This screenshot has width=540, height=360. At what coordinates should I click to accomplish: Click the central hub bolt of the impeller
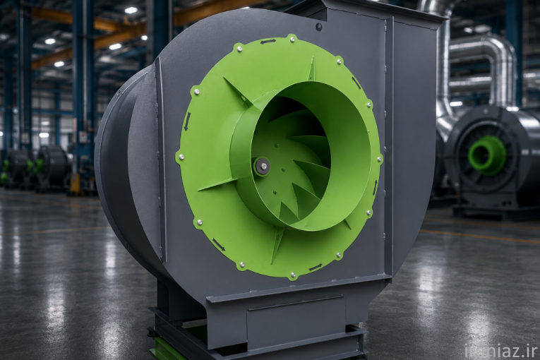coord(263,166)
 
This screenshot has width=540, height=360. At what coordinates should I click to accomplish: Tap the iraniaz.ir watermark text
coord(501,352)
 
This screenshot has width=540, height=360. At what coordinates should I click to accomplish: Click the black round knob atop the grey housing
coord(318,26)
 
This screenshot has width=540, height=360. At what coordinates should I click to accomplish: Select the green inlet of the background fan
coord(487,153)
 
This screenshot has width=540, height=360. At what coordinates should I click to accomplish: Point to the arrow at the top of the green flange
coord(268,42)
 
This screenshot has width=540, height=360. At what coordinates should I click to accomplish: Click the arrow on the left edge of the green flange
coord(186,124)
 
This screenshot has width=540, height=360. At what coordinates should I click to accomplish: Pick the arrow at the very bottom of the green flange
coord(316,267)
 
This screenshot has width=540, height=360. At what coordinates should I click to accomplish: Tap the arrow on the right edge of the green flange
coord(376,187)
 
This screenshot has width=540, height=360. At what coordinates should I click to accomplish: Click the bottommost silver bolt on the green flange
coord(293,275)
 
